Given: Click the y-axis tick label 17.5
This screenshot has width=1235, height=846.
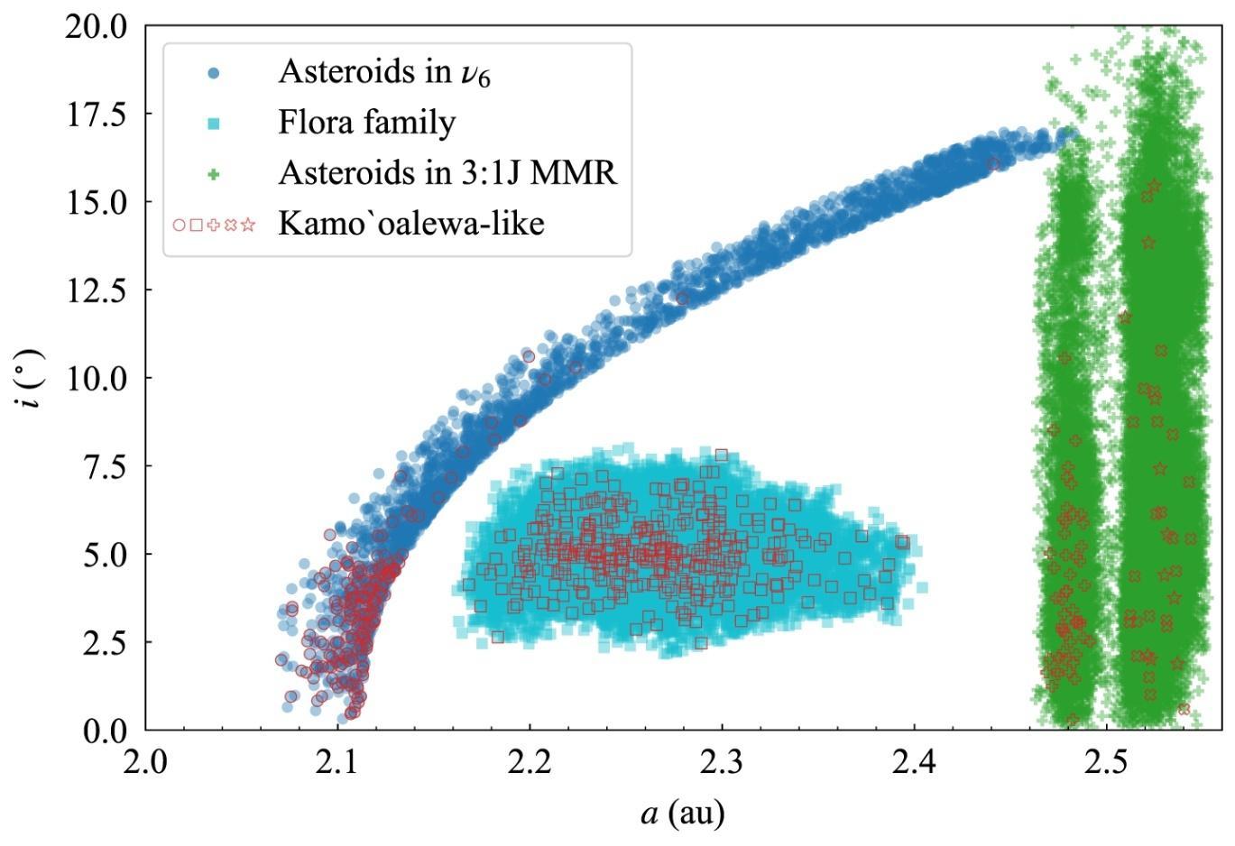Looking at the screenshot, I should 97,115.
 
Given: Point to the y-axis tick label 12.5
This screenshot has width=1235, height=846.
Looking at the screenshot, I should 97,290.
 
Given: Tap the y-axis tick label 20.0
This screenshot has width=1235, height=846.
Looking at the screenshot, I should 97,26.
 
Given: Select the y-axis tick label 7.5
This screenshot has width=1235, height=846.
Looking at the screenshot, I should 106,466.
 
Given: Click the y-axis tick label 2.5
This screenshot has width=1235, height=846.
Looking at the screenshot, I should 106,642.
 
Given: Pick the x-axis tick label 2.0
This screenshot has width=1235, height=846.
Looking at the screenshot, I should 145,762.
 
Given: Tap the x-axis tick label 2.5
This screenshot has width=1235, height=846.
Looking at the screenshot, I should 1106,762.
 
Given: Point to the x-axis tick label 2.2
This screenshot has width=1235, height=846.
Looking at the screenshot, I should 530,762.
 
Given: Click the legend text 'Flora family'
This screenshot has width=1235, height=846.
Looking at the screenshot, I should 366,123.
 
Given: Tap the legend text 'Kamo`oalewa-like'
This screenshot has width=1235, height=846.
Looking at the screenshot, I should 410,223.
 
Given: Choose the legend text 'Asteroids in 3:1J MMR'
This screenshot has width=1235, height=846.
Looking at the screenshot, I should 447,172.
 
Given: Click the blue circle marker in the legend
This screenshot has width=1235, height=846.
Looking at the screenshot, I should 214,73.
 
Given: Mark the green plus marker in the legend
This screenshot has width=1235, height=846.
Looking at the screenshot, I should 214,173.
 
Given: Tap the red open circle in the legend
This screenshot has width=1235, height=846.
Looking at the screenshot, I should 180,225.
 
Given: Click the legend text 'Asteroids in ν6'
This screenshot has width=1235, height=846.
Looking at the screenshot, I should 384,72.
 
